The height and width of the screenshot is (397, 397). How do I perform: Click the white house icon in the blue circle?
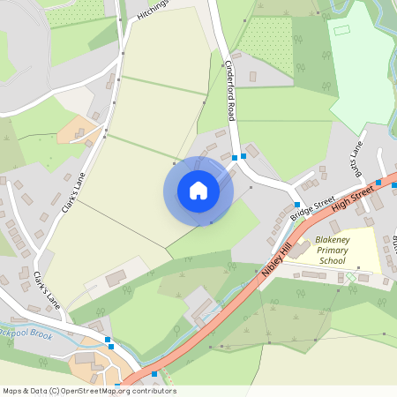click(198, 191)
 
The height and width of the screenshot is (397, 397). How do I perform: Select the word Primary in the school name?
click(332, 251)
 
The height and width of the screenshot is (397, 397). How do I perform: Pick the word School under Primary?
click(332, 261)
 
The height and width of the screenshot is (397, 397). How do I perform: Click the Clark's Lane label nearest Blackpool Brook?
click(45, 288)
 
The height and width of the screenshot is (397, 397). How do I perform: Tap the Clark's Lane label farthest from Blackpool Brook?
click(76, 190)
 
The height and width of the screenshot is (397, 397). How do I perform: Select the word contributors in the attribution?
click(153, 391)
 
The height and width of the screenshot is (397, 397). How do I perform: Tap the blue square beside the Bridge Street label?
click(296, 216)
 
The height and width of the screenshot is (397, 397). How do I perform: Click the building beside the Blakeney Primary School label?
click(334, 227)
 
